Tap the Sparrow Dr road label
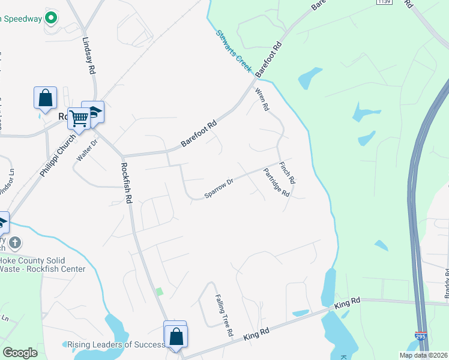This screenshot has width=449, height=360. click(218, 188)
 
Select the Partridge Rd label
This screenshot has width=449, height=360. click(277, 182)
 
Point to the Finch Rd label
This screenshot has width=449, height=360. click(288, 172)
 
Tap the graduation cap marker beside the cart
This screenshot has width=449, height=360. click(94, 112)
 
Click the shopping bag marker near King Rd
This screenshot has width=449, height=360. click(176, 337)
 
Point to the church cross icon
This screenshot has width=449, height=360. click(15, 243)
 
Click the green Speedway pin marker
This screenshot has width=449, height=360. click(52, 18)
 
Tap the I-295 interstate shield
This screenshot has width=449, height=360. click(420, 338)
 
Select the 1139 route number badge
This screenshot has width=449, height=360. click(384, 2)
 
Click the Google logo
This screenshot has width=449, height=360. click(20, 353)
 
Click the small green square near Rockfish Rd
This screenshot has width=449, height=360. click(159, 292)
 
